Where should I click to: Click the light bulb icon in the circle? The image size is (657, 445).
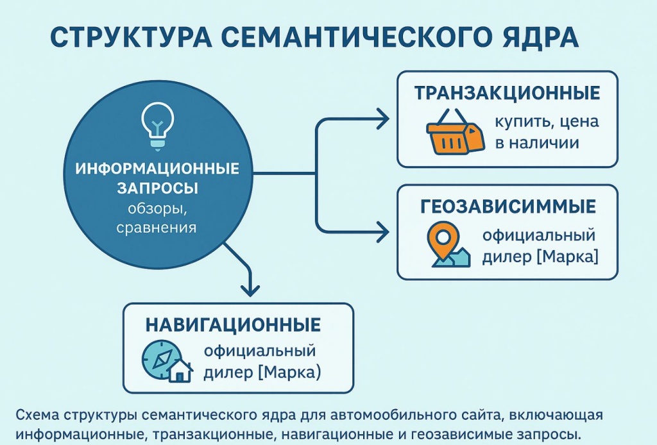(x=158, y=126)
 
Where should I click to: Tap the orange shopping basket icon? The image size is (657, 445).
(x=455, y=132)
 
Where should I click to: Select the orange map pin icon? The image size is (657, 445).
(x=443, y=240)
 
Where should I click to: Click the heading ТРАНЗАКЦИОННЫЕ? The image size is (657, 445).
(x=508, y=92)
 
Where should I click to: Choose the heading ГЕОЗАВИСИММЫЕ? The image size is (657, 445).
(x=508, y=206)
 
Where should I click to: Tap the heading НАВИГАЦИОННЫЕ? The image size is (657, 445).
(x=233, y=325)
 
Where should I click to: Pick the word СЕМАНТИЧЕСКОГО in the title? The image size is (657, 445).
(x=355, y=37)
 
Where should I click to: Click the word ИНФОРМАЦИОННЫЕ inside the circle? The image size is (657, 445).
(x=157, y=168)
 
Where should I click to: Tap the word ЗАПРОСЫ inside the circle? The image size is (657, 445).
(x=157, y=188)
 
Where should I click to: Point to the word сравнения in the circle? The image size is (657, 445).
(x=157, y=228)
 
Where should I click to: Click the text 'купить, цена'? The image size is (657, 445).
(x=547, y=121)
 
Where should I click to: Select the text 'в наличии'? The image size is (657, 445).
(x=537, y=143)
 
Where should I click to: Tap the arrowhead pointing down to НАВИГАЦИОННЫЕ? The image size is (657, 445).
(x=250, y=290)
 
